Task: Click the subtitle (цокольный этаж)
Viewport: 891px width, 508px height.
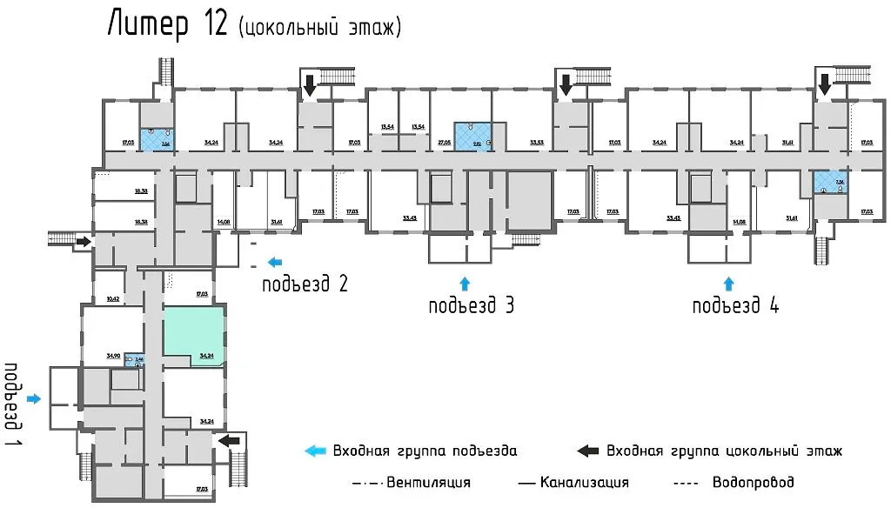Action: (319, 28)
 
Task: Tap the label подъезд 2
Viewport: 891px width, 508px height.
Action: (305, 284)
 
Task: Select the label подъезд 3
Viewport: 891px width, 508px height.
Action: (470, 306)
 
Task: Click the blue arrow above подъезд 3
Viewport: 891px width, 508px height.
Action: (464, 282)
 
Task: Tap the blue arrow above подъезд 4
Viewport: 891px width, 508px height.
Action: (729, 282)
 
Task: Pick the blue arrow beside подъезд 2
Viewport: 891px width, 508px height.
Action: (275, 260)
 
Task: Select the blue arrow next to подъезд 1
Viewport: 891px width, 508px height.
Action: (34, 398)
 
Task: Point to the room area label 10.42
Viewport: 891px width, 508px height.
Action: (112, 298)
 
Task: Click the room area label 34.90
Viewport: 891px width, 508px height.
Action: (112, 355)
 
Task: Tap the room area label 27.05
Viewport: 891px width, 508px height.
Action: (444, 141)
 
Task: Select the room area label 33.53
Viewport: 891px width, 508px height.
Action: (537, 141)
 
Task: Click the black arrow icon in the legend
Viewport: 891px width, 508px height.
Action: (589, 451)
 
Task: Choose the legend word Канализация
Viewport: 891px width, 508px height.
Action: (584, 482)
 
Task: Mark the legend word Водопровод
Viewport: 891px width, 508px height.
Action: (753, 482)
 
